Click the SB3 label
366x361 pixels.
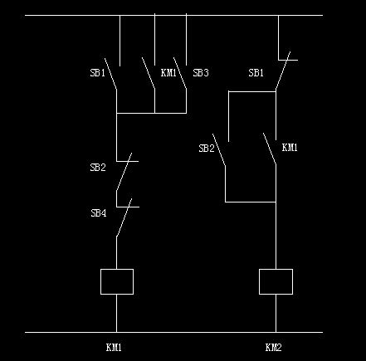coord(201,73)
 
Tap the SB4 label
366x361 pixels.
coord(99,213)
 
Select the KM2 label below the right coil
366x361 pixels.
coord(273,347)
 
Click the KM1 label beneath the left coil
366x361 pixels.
coord(114,347)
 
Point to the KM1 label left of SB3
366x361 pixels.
coord(168,73)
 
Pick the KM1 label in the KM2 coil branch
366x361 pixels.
coord(290,148)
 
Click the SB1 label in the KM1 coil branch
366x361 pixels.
coord(98,73)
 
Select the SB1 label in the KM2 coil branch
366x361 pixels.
coord(256,73)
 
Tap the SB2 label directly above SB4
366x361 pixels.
coord(98,168)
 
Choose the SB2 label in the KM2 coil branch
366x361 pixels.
coord(207,149)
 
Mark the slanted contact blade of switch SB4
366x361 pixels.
coord(124,217)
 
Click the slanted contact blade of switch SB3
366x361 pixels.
coord(180,73)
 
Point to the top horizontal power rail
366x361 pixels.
coord(173,15)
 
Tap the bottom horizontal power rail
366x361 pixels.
coord(173,332)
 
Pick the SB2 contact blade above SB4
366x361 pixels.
coord(124,172)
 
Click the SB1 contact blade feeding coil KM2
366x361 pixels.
coord(283,71)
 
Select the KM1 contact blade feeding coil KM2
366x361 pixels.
coord(270,149)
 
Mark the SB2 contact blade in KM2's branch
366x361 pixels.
coord(219,149)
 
